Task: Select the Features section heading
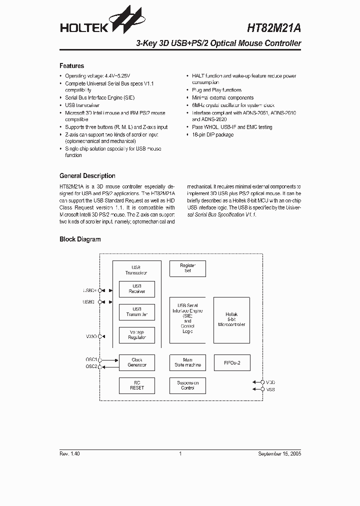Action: (x=71, y=66)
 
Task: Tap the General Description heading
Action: (x=87, y=176)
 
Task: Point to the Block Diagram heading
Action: (x=80, y=239)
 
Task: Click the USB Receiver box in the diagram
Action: (x=136, y=289)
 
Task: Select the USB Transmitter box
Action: (x=136, y=312)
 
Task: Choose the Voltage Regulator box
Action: (x=136, y=335)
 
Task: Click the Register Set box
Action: (x=187, y=268)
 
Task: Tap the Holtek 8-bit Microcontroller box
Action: (x=231, y=320)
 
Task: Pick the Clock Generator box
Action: (x=136, y=362)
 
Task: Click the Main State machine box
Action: (x=187, y=362)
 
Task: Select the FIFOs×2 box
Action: (x=231, y=362)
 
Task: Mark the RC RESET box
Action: (x=136, y=385)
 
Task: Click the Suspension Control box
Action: (x=187, y=385)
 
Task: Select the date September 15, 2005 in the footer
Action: (x=279, y=454)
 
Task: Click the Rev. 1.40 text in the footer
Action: (x=69, y=454)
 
